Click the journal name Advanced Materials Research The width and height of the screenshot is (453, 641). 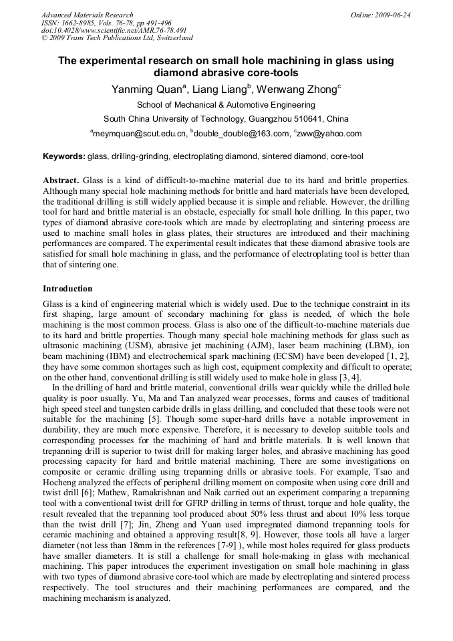click(87, 15)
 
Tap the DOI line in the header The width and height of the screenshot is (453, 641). click(114, 30)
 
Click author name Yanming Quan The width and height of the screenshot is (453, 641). click(146, 90)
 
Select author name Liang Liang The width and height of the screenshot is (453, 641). click(220, 90)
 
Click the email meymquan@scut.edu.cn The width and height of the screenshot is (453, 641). click(140, 134)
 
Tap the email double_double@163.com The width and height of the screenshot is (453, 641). click(241, 134)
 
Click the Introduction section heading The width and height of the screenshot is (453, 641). click(67, 289)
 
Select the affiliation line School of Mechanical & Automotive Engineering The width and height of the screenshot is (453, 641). click(226, 105)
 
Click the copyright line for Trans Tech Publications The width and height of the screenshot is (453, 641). click(114, 38)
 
